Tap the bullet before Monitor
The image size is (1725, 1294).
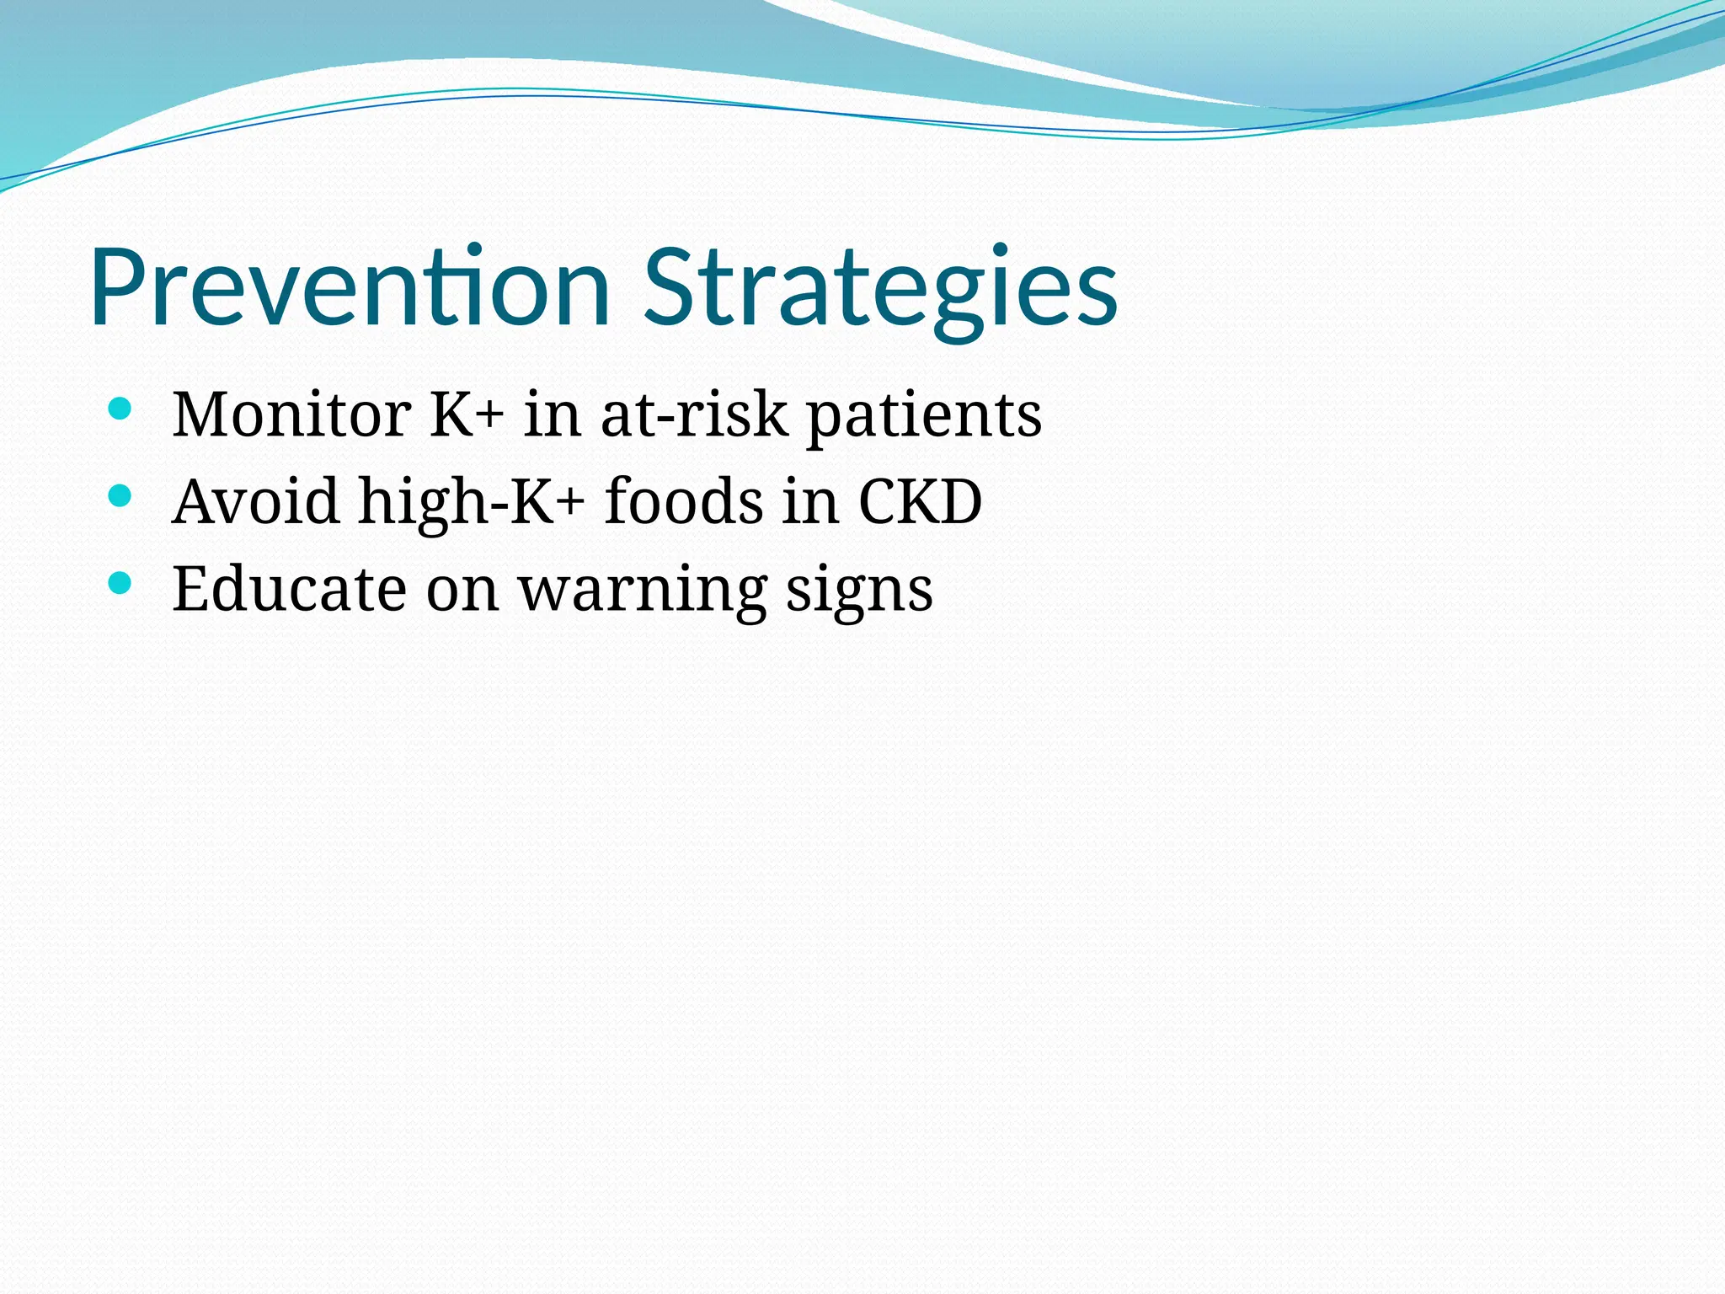[120, 409]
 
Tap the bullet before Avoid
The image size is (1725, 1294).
[120, 496]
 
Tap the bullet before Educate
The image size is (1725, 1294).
[120, 583]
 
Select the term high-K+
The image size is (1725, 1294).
[472, 501]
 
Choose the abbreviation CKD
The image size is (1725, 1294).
[920, 501]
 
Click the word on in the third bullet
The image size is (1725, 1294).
[462, 590]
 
